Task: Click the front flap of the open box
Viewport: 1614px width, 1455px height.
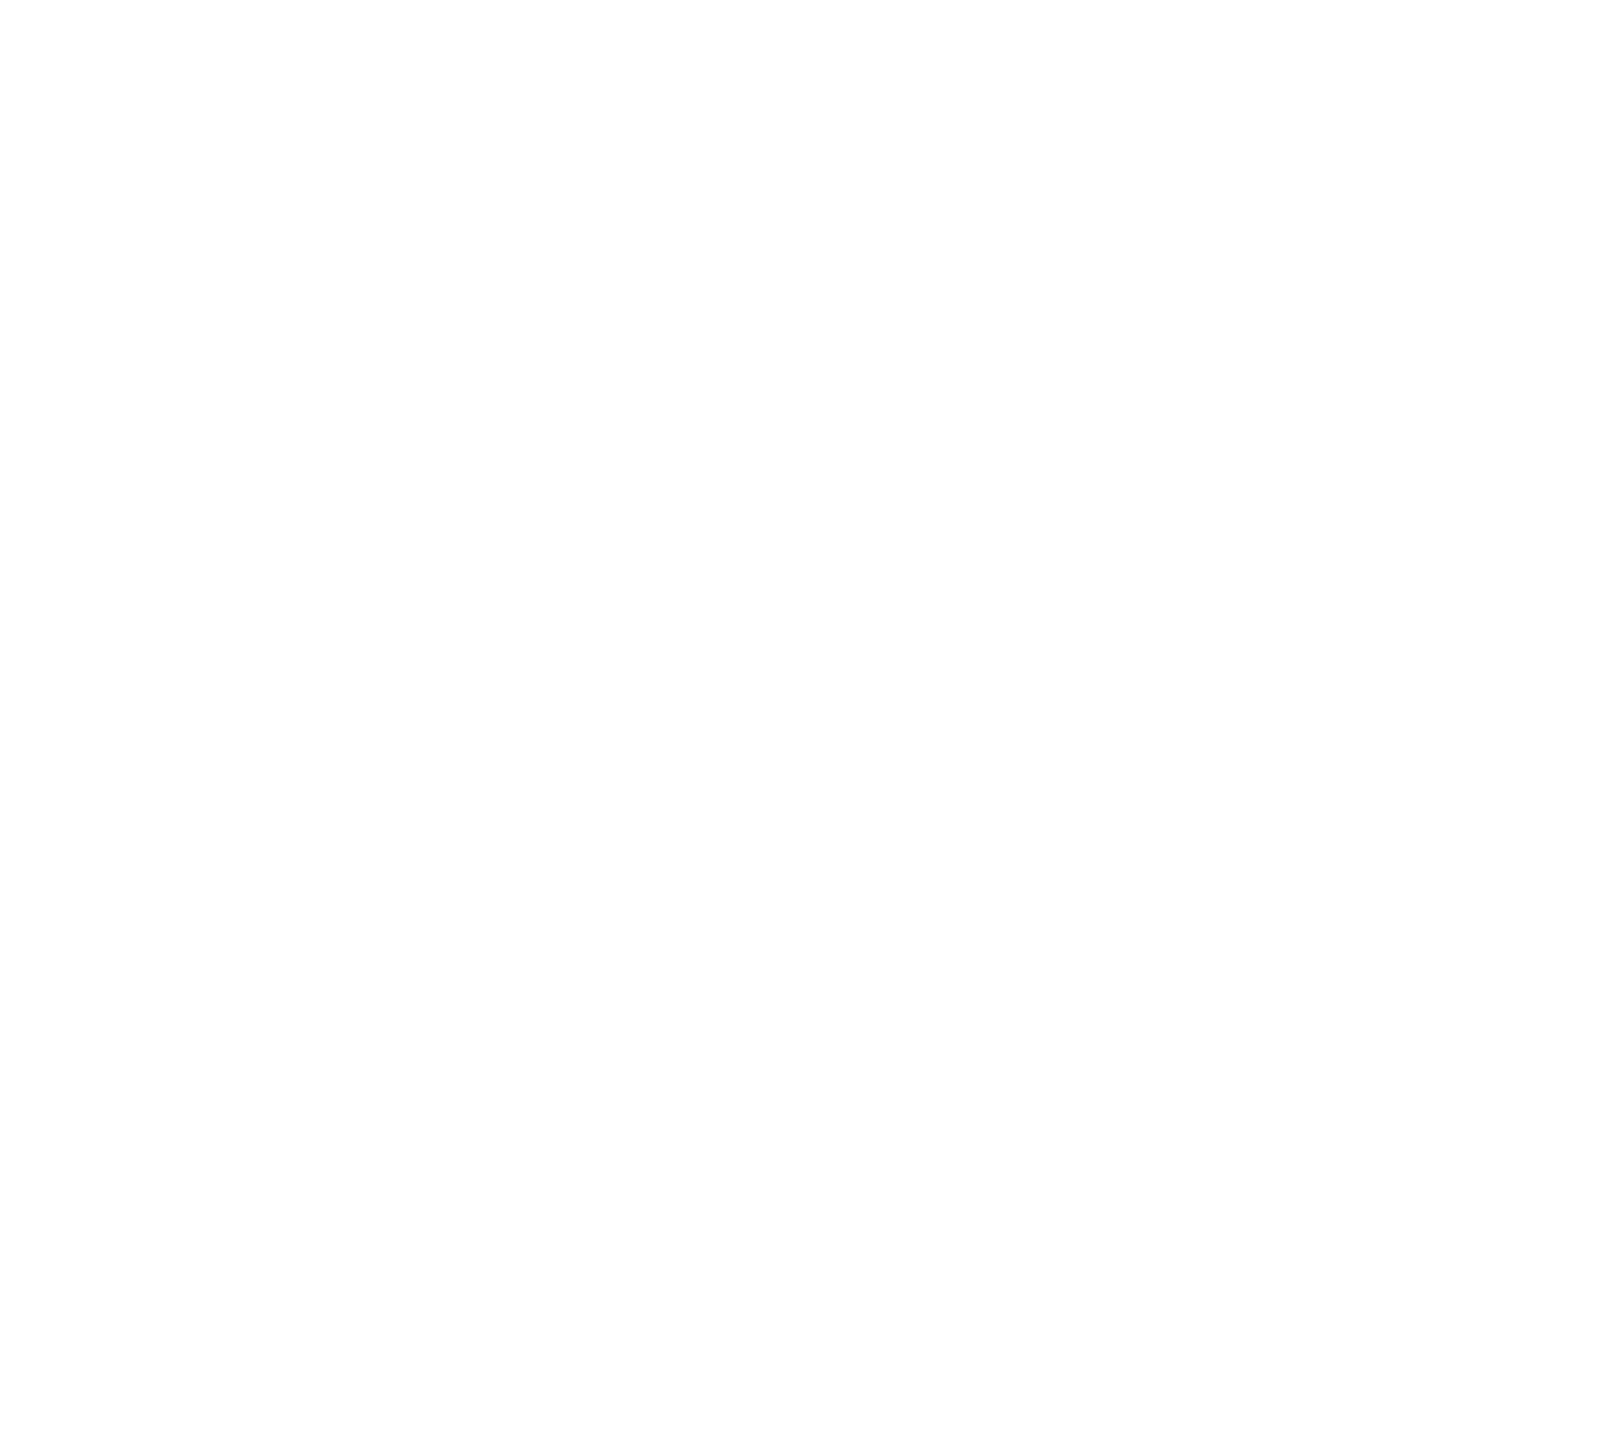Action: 808,1019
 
